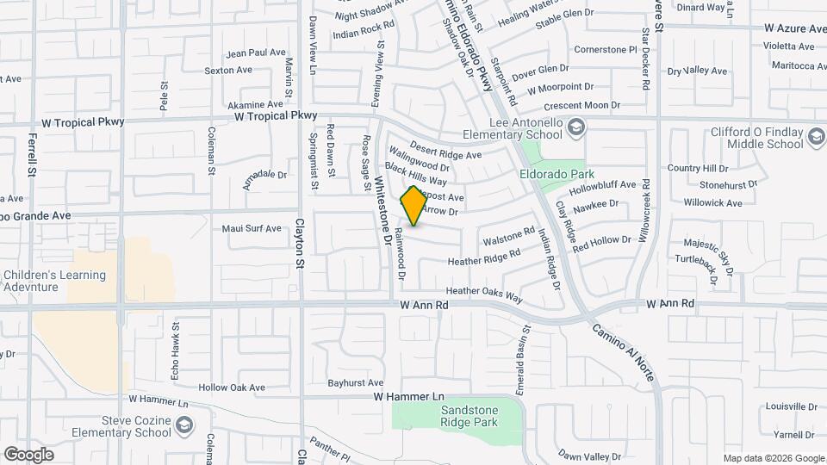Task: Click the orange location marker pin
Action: point(413,206)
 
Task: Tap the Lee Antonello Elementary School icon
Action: point(576,128)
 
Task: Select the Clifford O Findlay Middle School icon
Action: point(813,134)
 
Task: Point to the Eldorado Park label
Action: point(552,173)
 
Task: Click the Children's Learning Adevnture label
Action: point(54,281)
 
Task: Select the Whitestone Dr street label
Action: point(385,211)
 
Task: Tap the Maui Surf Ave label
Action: point(252,229)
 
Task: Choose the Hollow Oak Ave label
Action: point(231,387)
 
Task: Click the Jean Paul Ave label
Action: point(255,53)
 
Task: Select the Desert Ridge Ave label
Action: point(445,150)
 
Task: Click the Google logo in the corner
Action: point(28,454)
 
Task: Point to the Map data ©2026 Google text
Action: point(773,458)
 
